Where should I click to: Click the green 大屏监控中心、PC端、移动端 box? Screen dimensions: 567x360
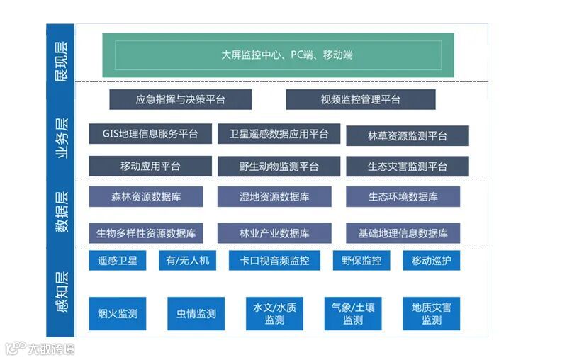point(286,55)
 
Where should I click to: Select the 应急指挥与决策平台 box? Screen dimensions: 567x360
point(180,99)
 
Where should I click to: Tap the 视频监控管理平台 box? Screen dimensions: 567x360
point(360,99)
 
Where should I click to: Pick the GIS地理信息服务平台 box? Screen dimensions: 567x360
point(150,133)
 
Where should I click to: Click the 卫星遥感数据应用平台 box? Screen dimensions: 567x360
point(279,133)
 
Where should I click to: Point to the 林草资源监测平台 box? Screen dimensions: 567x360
point(407,135)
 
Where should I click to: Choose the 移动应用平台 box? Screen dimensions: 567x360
point(150,166)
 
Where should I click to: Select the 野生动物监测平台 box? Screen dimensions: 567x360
point(279,167)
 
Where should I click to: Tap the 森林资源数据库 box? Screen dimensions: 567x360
point(145,196)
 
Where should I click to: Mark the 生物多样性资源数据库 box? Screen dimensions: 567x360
point(145,232)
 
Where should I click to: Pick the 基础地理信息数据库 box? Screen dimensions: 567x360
point(403,232)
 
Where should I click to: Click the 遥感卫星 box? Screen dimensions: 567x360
point(117,260)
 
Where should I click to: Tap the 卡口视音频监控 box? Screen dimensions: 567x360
point(274,260)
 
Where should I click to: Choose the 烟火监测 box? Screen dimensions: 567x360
point(117,313)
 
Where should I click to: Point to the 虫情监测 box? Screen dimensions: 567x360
point(196,313)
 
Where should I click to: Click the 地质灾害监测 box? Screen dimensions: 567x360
point(431,313)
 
